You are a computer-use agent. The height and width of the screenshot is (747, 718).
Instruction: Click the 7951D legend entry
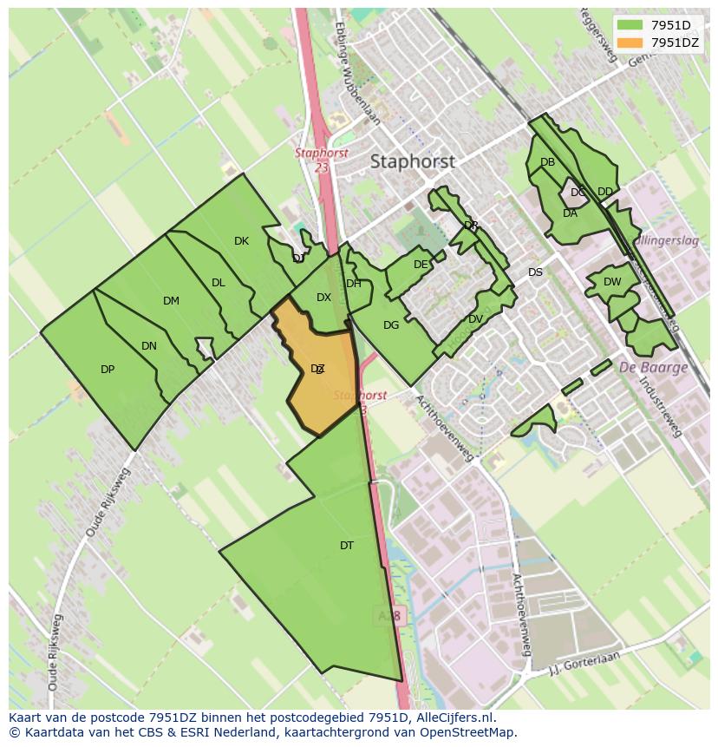click(x=670, y=25)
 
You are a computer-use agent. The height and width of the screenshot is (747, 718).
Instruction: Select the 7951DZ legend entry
click(x=674, y=43)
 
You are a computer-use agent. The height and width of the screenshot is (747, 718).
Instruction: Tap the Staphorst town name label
click(x=412, y=161)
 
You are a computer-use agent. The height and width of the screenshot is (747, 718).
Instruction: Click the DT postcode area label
click(x=347, y=546)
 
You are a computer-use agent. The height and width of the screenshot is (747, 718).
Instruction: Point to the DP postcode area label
click(x=108, y=370)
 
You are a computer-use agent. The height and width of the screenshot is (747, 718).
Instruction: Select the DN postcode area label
click(x=149, y=346)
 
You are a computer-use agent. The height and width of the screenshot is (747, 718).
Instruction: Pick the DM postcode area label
click(x=171, y=301)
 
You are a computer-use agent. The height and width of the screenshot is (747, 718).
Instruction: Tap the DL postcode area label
click(x=219, y=283)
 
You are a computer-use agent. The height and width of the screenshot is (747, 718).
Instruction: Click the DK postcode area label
click(x=241, y=241)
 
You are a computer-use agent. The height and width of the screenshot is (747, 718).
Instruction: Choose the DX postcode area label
click(x=323, y=298)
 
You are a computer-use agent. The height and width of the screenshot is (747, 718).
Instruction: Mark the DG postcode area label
click(x=391, y=325)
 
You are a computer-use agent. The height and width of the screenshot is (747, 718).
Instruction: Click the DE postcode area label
click(x=421, y=265)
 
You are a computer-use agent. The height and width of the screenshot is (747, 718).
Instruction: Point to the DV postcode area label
click(x=475, y=319)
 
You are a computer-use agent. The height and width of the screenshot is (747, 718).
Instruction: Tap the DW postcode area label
click(x=612, y=282)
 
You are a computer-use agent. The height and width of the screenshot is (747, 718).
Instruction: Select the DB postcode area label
click(x=547, y=162)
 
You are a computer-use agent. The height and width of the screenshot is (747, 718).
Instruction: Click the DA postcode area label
click(x=570, y=213)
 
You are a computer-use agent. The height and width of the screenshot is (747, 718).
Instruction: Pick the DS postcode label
click(x=535, y=272)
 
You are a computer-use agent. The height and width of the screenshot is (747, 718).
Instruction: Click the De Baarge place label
click(x=653, y=367)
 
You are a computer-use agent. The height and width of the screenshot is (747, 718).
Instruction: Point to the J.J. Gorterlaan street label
click(x=586, y=664)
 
